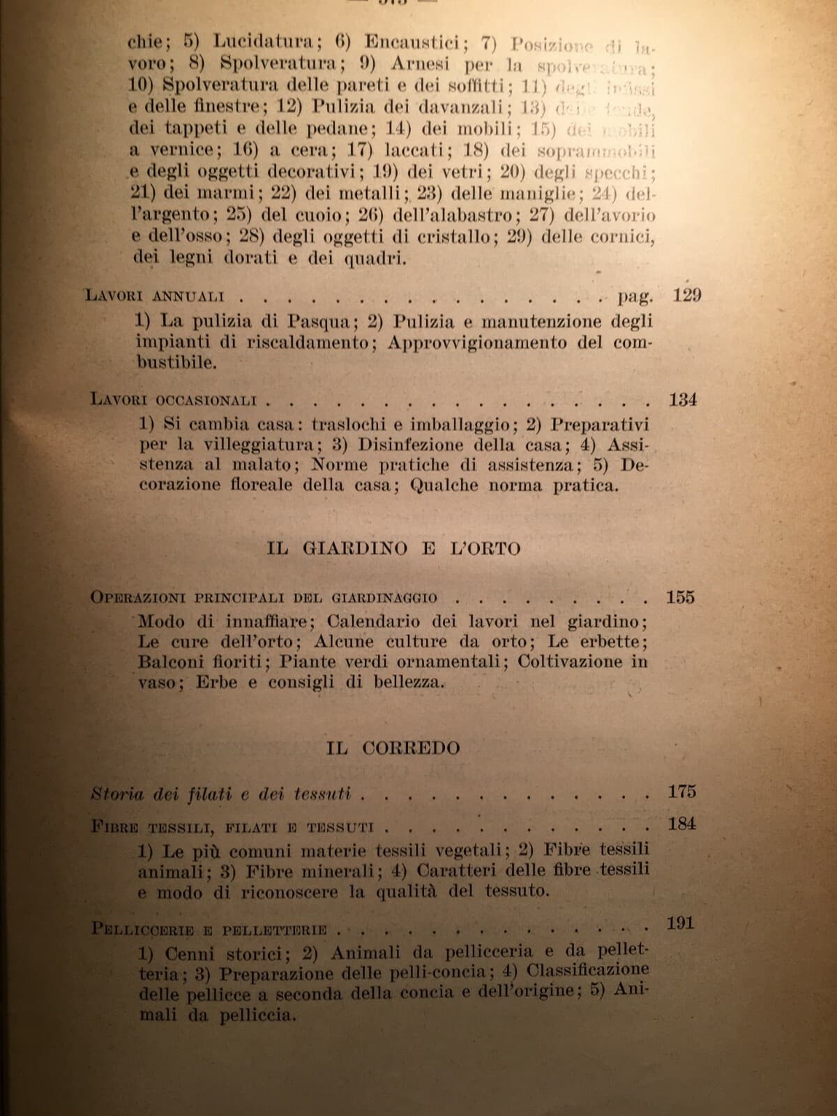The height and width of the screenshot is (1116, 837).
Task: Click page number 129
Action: [x=687, y=295]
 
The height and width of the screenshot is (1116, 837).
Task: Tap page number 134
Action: [x=682, y=400]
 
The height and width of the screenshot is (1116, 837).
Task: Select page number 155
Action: [x=680, y=597]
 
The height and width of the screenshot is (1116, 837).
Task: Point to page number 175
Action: [x=681, y=792]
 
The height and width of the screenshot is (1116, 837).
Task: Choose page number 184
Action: [x=681, y=824]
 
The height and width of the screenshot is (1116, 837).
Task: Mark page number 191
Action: [x=680, y=923]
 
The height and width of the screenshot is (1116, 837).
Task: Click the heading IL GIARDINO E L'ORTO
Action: [x=394, y=548]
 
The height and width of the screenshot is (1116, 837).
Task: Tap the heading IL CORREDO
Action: [x=393, y=748]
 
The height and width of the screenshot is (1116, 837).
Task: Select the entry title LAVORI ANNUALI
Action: [x=154, y=296]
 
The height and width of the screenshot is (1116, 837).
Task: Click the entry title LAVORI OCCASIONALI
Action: [x=174, y=400]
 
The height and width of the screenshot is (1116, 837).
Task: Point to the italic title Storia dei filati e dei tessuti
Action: [x=221, y=794]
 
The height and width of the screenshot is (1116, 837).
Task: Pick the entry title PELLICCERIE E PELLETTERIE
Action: [x=209, y=930]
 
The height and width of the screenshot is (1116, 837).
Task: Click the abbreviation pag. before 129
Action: [x=635, y=297]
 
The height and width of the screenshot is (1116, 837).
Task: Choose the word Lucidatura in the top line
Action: [x=266, y=43]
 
